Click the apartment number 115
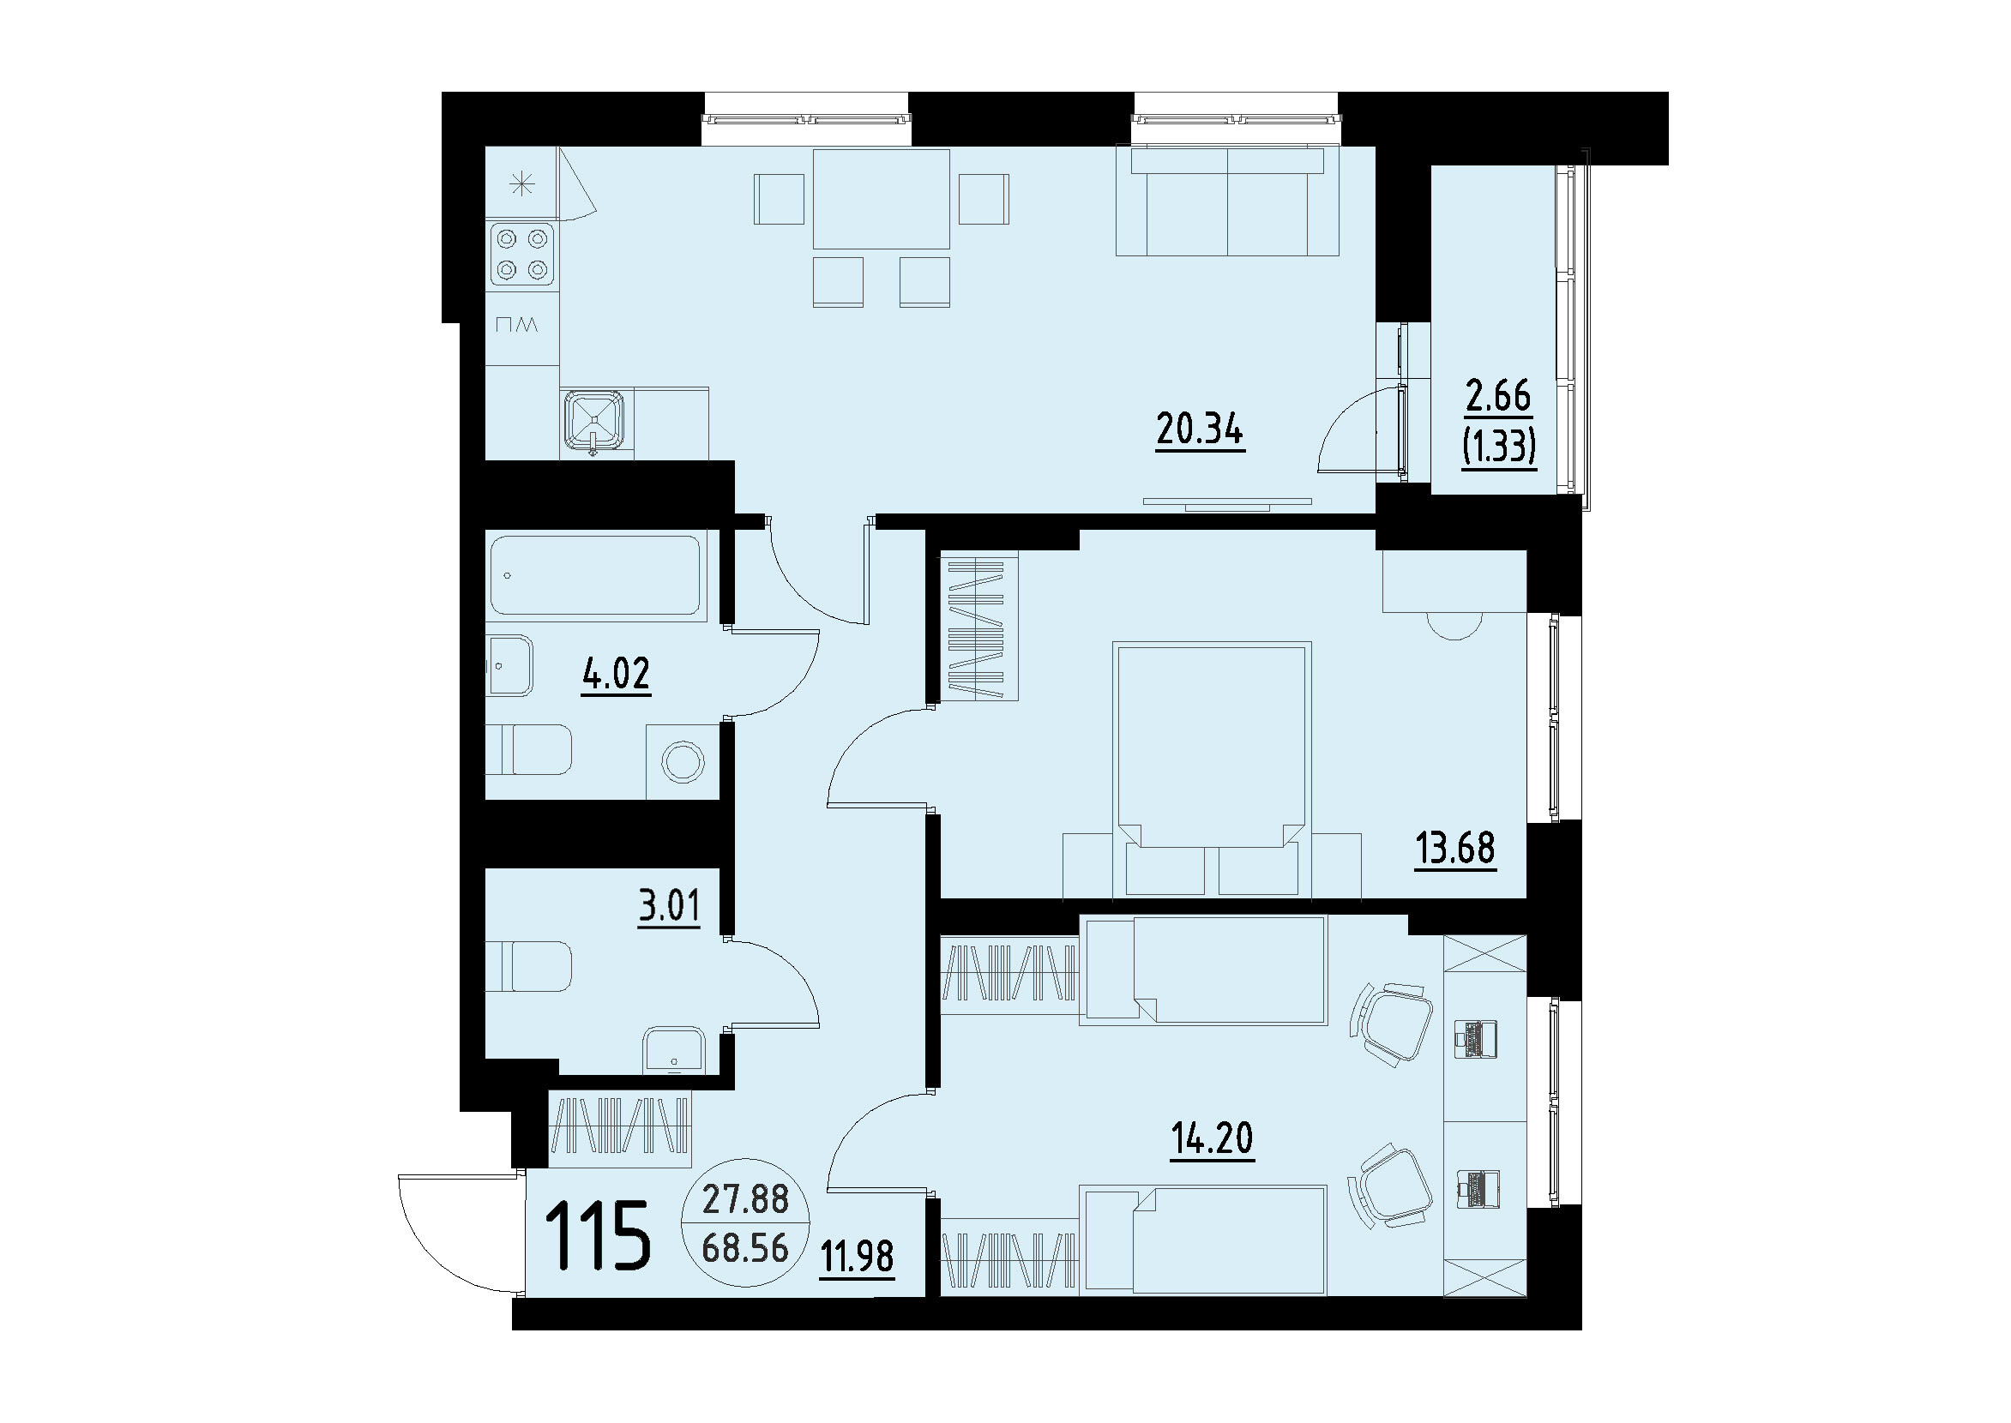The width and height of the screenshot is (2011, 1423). [599, 1234]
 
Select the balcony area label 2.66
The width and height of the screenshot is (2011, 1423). [1499, 396]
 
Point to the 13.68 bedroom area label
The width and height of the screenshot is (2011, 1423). [1455, 847]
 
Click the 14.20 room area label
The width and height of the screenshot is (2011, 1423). [1213, 1138]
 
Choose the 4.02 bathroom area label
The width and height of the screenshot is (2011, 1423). [616, 674]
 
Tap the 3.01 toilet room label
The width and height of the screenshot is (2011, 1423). [670, 905]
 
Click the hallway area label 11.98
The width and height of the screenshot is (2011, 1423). [858, 1257]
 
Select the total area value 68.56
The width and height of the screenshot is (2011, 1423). [746, 1249]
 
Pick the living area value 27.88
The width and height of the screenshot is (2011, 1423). [746, 1199]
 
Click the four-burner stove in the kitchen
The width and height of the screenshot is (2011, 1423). [522, 254]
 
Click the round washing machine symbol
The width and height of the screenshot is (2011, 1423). [683, 761]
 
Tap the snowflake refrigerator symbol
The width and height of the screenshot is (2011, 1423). [522, 184]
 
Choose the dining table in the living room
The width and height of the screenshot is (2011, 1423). [881, 200]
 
